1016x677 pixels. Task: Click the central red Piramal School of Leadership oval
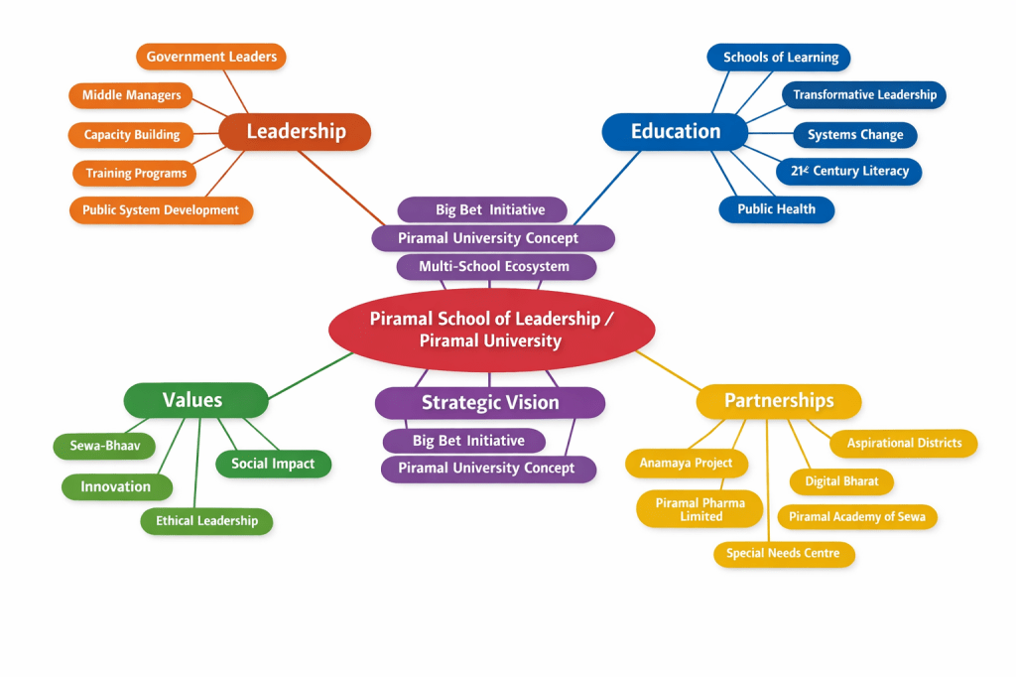coord(491,330)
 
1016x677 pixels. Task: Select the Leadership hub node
coord(295,131)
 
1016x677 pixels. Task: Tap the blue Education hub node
coord(676,131)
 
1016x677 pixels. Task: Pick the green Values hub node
coord(195,400)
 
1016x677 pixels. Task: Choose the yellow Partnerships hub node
coord(779,401)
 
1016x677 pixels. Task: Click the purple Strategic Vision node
coord(490,402)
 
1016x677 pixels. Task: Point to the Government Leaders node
coord(211,57)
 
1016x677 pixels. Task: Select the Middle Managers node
coord(131,95)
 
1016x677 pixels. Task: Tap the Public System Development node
coord(161,210)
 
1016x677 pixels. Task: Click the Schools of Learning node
coord(780,58)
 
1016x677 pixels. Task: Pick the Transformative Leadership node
coord(864,95)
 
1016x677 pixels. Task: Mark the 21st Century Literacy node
coord(849,172)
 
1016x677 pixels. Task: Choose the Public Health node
coord(776,209)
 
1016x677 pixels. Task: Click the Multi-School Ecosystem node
coord(494,267)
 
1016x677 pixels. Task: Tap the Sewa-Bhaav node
coord(104,446)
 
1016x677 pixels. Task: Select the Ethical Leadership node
coord(206,521)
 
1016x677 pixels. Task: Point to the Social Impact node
coord(273,464)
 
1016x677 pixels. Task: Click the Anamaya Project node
coord(686,464)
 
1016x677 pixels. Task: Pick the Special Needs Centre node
coord(783,554)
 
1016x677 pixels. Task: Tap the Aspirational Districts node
coord(904,444)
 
